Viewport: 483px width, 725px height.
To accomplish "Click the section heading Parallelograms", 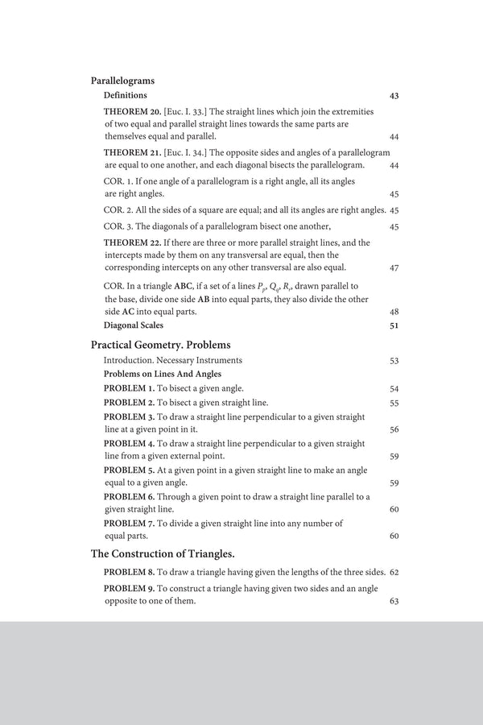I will (122, 81).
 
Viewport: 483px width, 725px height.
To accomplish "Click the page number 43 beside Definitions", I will (394, 96).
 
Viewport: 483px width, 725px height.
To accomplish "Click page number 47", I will (394, 267).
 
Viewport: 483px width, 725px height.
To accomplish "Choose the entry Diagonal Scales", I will (134, 325).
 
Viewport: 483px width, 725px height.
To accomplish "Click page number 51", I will (394, 325).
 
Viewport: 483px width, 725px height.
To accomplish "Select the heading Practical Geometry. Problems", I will (160, 344).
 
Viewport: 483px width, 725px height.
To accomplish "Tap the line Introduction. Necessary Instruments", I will (172, 360).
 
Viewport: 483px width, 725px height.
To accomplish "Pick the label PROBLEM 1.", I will (130, 388).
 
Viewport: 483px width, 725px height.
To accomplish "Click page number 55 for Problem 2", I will (394, 403).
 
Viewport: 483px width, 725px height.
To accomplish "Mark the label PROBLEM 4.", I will (130, 444).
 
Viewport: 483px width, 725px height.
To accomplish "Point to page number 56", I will (394, 430).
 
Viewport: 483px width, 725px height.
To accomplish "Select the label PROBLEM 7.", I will (130, 523).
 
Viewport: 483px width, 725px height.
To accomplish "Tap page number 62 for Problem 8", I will (394, 573).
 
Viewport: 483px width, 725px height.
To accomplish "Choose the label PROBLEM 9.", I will (130, 589).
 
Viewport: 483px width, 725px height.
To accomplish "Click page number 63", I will (394, 601).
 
